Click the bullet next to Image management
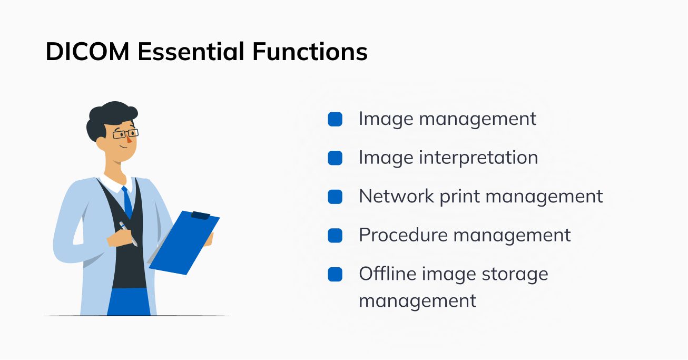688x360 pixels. pos(335,119)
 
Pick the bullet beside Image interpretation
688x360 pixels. pos(335,158)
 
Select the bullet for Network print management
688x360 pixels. pos(335,197)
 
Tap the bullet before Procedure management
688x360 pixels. pos(335,236)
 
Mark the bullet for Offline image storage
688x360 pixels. pos(335,274)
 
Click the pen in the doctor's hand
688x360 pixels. pos(128,233)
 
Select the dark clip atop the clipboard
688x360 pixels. pos(200,215)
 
